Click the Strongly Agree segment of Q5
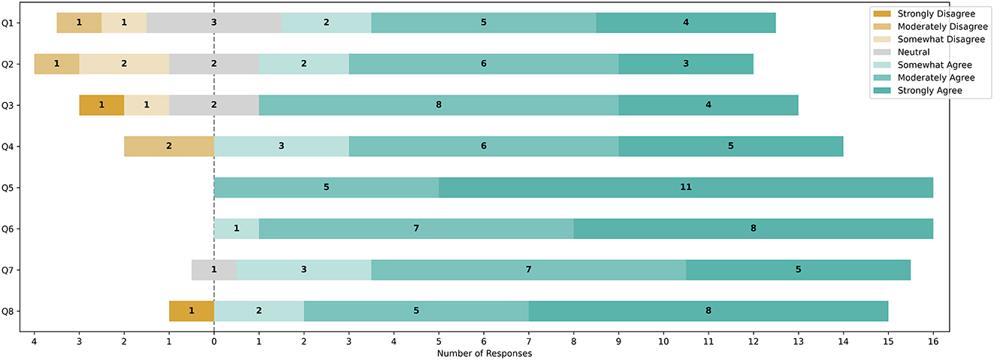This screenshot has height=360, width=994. [x=685, y=187]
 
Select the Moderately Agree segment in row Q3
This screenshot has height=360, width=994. [x=439, y=105]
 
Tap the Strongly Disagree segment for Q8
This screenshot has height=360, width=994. [x=192, y=310]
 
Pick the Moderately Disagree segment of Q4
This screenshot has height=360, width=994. [x=169, y=146]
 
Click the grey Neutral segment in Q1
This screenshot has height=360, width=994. [x=214, y=23]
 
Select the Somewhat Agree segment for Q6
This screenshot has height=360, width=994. [x=237, y=228]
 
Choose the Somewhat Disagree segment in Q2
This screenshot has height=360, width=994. [x=124, y=64]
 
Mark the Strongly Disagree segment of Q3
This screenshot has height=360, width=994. [x=101, y=105]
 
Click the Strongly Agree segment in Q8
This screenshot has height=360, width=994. [x=708, y=310]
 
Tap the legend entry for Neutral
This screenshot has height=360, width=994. [x=914, y=52]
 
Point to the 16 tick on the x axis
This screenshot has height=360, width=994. [x=932, y=341]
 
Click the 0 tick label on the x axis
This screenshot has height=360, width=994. [x=214, y=341]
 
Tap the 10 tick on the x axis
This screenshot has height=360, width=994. [x=663, y=341]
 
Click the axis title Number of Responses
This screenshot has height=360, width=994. [x=484, y=353]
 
